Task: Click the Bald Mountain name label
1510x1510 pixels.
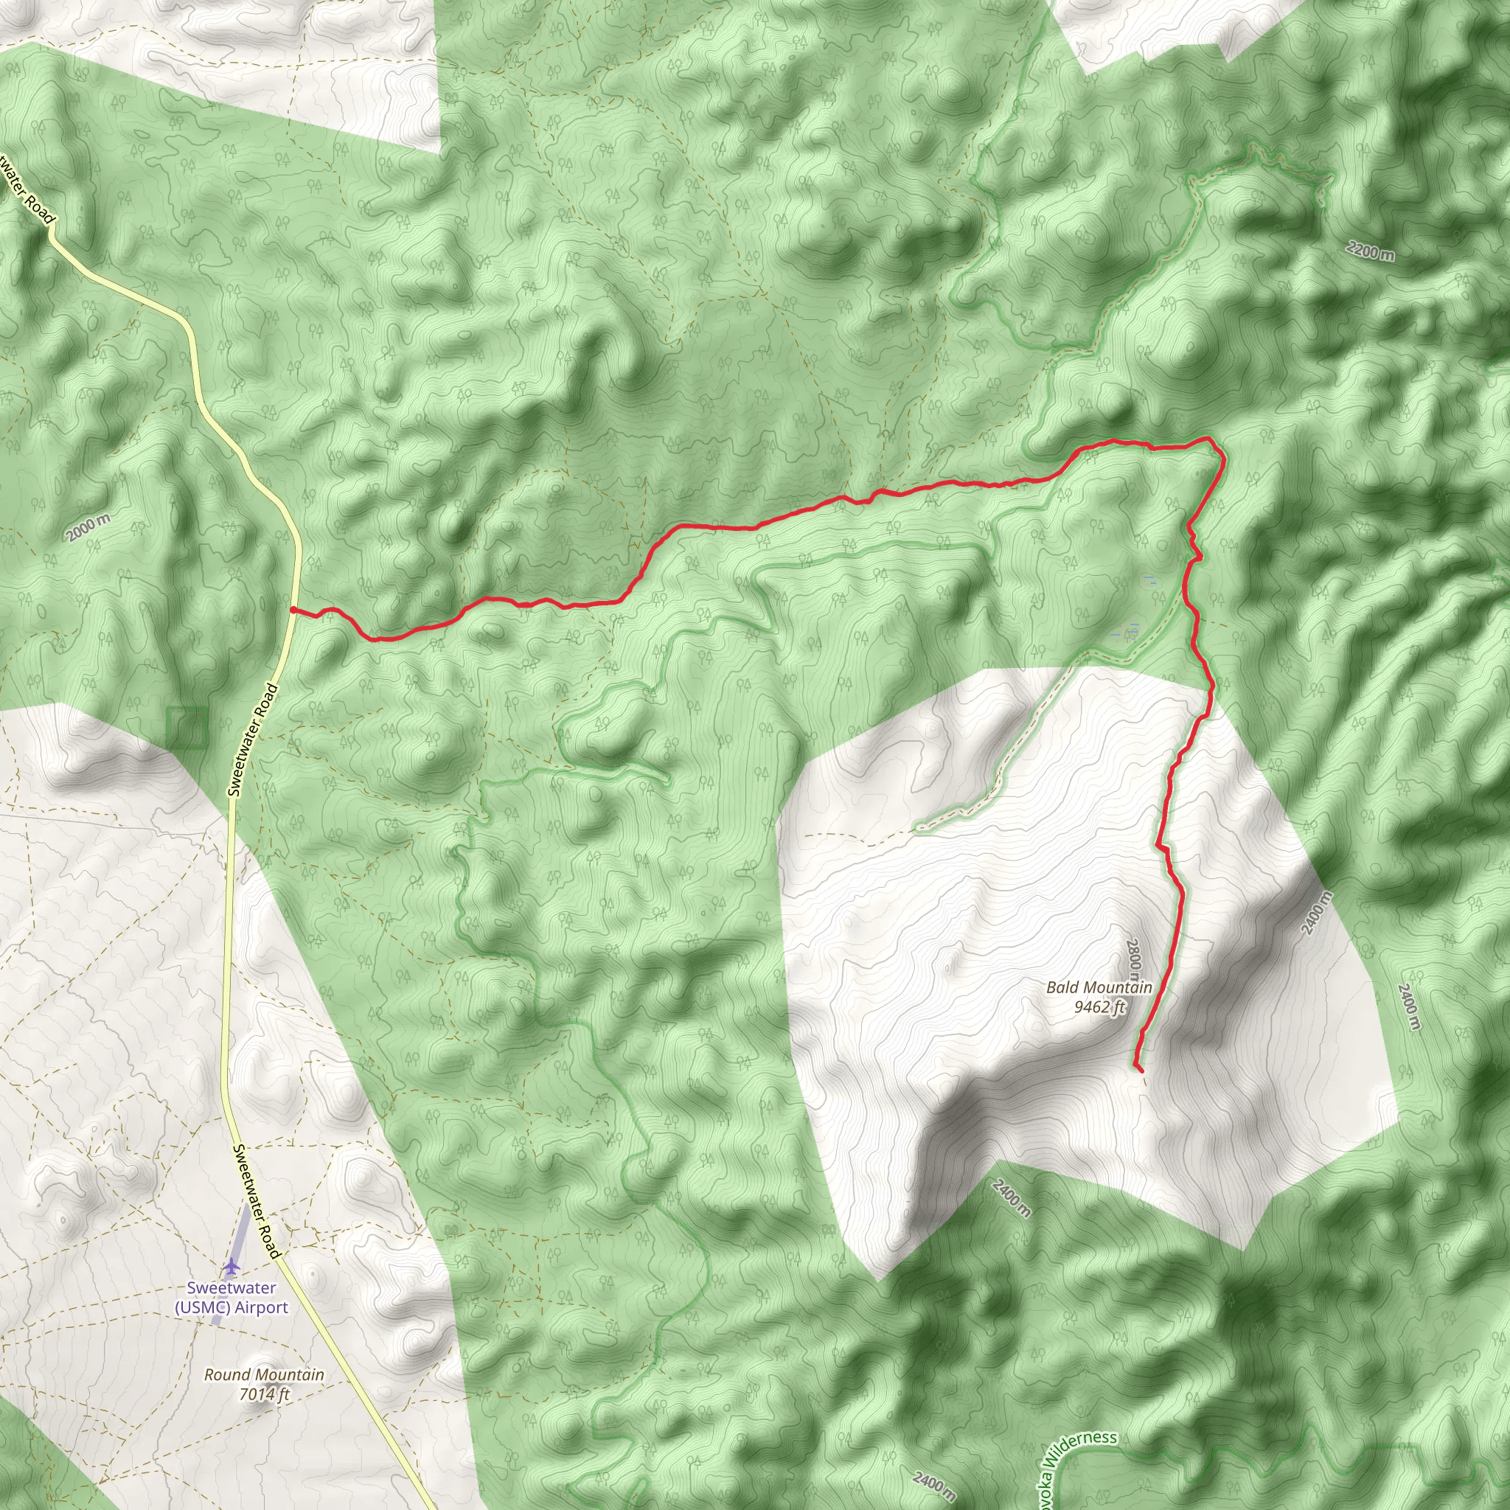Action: click(x=1098, y=987)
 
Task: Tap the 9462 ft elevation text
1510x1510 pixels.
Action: click(x=1098, y=1006)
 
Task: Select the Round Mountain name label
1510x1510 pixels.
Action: click(x=263, y=1375)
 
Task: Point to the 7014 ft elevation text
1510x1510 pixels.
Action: click(x=264, y=1394)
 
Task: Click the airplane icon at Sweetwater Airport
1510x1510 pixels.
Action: click(x=232, y=1265)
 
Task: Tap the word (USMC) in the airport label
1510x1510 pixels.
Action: click(x=203, y=1307)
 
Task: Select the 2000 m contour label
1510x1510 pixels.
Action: click(x=88, y=529)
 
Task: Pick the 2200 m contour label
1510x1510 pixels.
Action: click(x=1370, y=251)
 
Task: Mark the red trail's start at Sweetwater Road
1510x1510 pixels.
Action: click(x=292, y=610)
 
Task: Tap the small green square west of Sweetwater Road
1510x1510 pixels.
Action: click(x=187, y=728)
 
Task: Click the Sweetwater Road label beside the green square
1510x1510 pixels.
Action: click(x=252, y=740)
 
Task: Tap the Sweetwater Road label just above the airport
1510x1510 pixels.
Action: click(x=257, y=1201)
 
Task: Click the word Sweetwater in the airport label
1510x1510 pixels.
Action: click(x=232, y=1287)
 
